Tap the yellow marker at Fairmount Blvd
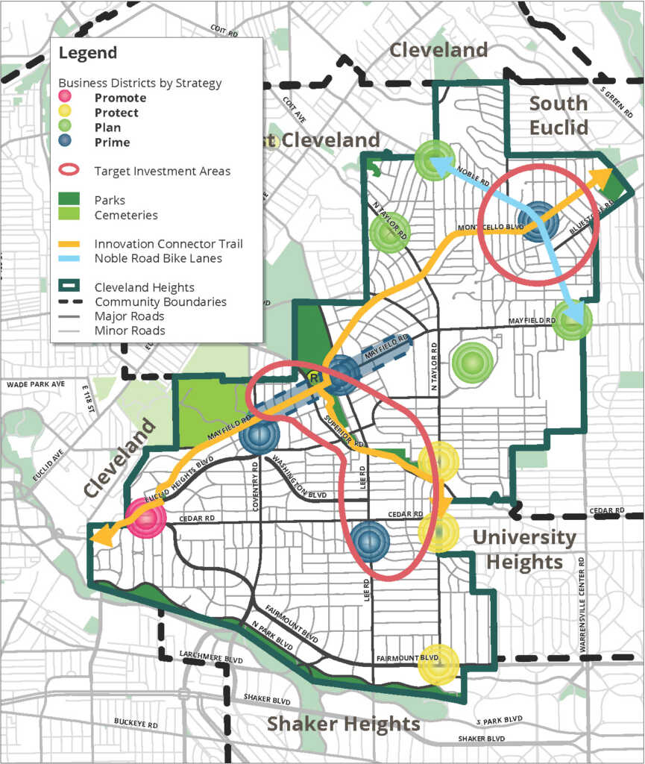pyautogui.click(x=438, y=664)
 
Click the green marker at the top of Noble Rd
pyautogui.click(x=433, y=159)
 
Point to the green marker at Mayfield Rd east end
pyautogui.click(x=572, y=321)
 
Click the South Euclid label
pyautogui.click(x=559, y=115)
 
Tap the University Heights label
pyautogui.click(x=523, y=549)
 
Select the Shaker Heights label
pyautogui.click(x=343, y=723)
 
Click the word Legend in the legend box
pyautogui.click(x=87, y=54)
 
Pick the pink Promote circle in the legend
pyautogui.click(x=66, y=98)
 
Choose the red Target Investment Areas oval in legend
pyautogui.click(x=68, y=171)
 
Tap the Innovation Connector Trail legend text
pyautogui.click(x=169, y=244)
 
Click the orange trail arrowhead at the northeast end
pyautogui.click(x=602, y=176)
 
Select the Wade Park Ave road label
pyautogui.click(x=36, y=384)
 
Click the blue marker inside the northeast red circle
pyautogui.click(x=535, y=222)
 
